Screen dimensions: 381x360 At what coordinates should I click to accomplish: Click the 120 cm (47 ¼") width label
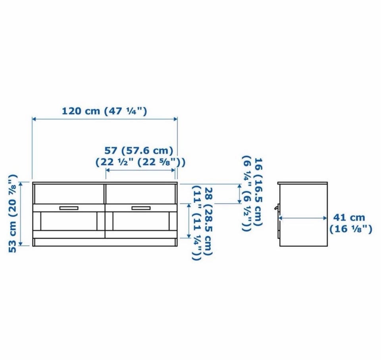pos(104,111)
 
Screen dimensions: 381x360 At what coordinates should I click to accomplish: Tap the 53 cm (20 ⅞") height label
pos(13,213)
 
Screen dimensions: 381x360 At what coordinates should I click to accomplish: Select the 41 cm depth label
pos(349,217)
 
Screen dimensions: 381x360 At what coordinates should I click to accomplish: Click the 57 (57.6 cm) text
pos(139,151)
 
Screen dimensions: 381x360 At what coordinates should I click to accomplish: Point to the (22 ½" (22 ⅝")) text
pos(140,162)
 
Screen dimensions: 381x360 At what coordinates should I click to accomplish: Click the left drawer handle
pos(69,208)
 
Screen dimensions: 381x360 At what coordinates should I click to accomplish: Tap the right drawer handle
pos(141,208)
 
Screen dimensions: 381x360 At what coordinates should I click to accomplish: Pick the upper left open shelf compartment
pos(69,194)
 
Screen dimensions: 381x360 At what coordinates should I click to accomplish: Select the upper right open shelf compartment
pos(140,194)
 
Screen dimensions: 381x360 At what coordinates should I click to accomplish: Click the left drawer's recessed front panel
pos(69,221)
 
